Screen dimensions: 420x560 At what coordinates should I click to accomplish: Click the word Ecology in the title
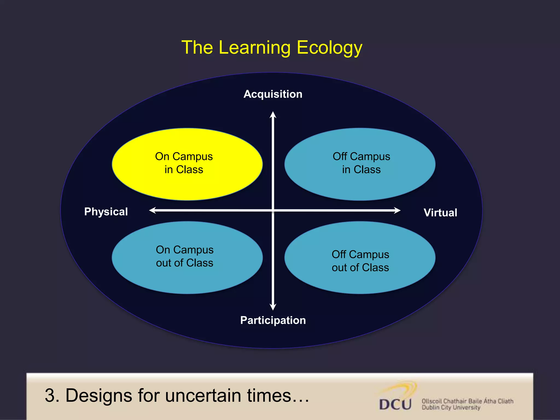coord(329,48)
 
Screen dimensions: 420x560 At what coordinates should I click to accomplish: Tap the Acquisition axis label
coord(273,94)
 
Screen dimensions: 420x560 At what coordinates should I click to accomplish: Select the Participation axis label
coord(273,320)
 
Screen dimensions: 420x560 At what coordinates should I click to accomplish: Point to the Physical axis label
coord(106,212)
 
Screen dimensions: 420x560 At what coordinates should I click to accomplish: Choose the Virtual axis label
coord(440,213)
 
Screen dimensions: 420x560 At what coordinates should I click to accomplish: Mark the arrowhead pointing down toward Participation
coord(273,307)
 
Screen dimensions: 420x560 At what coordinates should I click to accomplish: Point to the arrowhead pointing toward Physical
coord(153,210)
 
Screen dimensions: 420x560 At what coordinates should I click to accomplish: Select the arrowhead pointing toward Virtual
coord(397,210)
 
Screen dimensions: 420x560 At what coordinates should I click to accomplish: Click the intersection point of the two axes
coord(273,210)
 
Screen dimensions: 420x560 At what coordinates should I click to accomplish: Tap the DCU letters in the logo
coord(395,404)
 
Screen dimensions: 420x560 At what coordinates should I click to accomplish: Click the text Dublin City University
coord(451,408)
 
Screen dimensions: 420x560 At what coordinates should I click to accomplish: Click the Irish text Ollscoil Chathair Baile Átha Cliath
coord(467,401)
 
